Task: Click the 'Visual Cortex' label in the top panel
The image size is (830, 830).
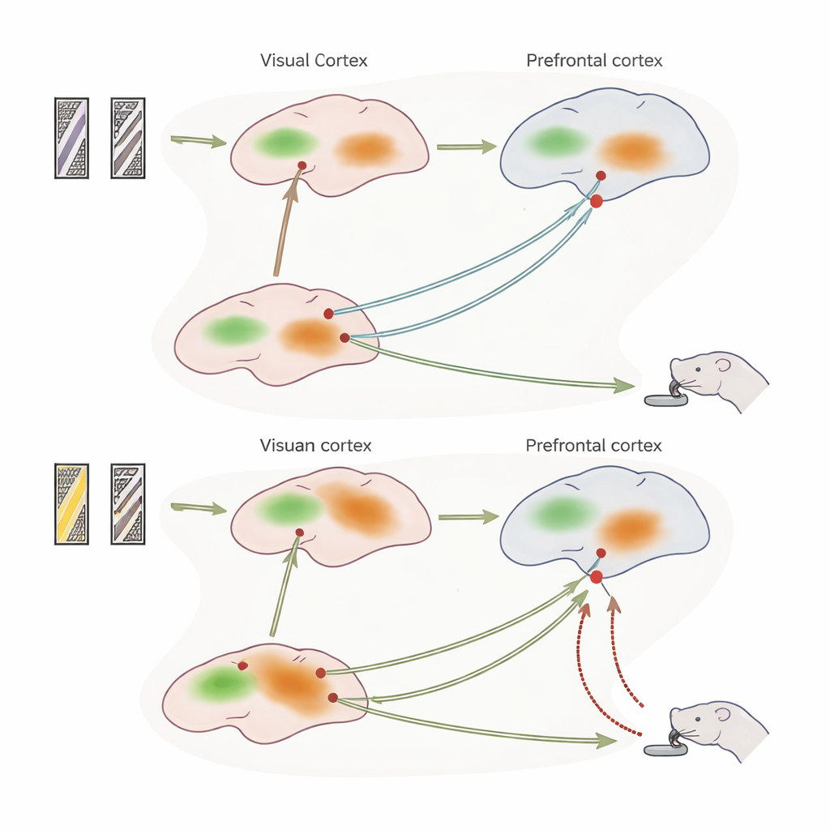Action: click(314, 61)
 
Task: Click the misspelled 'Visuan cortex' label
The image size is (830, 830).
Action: click(315, 445)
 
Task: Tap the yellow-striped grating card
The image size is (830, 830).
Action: click(71, 503)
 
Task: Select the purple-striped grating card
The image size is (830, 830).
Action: click(71, 138)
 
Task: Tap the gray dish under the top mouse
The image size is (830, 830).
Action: click(664, 399)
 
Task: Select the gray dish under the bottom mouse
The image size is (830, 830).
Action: click(665, 750)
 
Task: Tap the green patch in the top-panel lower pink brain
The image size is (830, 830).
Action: click(235, 330)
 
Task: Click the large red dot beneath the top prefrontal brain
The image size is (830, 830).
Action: click(597, 201)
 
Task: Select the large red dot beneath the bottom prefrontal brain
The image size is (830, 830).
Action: click(597, 577)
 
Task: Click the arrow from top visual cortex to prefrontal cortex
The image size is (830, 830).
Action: click(466, 147)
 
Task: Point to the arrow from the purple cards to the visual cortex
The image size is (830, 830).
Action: click(199, 142)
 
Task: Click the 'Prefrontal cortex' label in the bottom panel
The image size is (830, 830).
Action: click(593, 445)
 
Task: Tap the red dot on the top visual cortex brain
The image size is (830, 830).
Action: click(302, 165)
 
